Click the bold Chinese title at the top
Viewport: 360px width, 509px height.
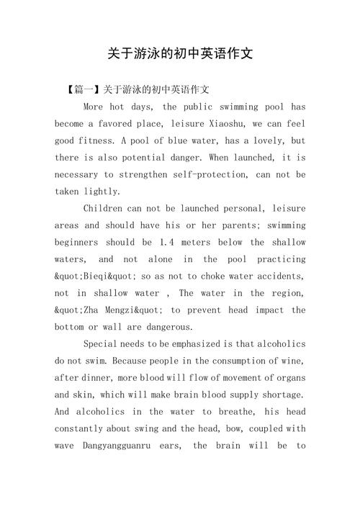tap(180, 54)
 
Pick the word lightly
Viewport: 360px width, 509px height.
tap(106, 192)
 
